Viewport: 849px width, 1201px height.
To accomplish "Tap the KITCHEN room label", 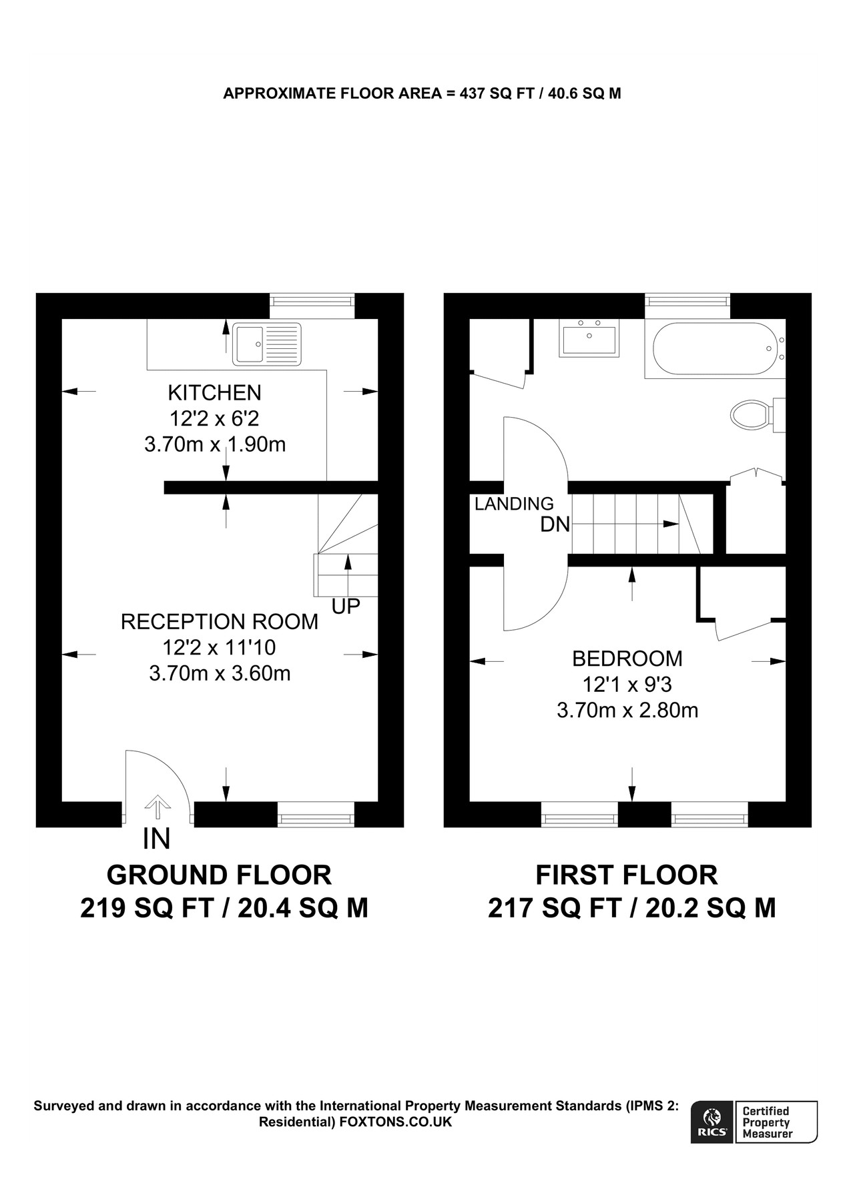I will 214,392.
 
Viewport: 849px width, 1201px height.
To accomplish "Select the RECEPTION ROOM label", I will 219,622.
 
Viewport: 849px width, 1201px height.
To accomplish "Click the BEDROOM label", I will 627,659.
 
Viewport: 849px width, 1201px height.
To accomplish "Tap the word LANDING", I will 514,504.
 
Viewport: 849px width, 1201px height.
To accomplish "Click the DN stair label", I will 555,524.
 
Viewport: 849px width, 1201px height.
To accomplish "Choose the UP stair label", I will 346,606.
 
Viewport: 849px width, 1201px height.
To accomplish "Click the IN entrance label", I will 157,839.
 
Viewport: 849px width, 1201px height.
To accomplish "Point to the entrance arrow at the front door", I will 158,807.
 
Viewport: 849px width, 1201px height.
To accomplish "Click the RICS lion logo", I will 712,1122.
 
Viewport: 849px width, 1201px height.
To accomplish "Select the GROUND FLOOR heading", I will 219,875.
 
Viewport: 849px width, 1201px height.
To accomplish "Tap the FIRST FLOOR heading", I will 627,875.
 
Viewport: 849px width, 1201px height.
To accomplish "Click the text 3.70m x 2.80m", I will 627,710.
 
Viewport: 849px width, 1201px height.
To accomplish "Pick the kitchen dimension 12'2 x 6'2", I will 214,418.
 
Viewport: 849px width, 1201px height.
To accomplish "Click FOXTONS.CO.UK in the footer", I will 396,1122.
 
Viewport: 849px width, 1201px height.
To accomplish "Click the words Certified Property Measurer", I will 768,1122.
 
